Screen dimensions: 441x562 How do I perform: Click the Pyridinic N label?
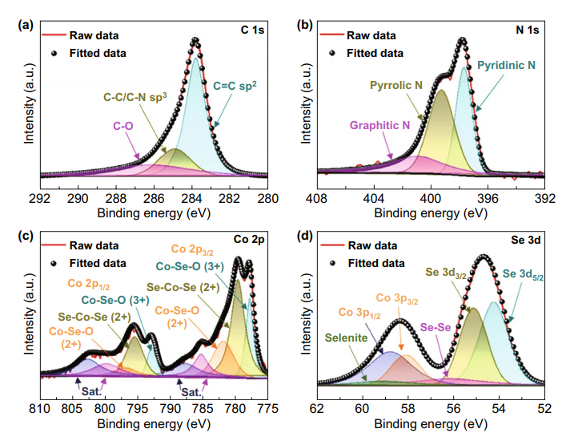[506, 64]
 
